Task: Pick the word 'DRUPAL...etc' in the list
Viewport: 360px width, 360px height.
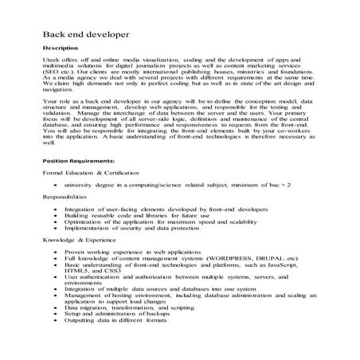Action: point(270,259)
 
